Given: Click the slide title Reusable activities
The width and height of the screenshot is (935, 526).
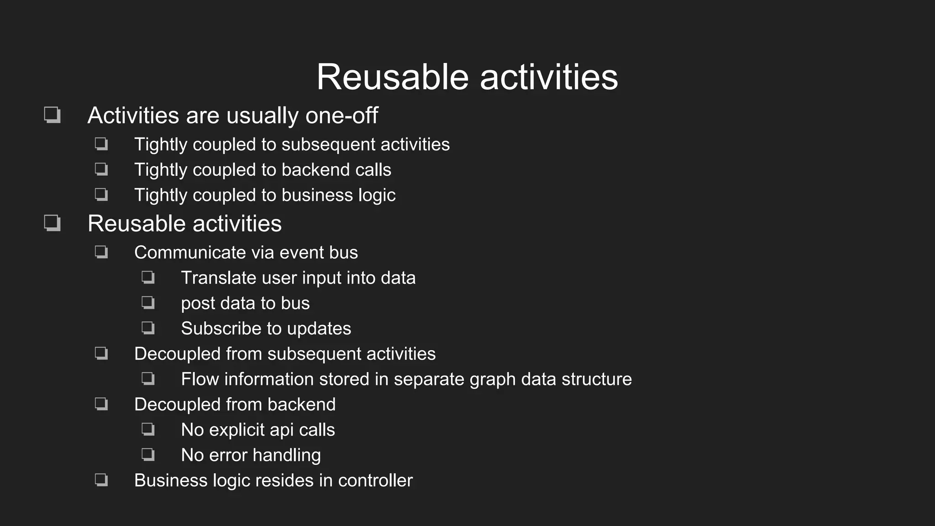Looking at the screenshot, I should (x=467, y=77).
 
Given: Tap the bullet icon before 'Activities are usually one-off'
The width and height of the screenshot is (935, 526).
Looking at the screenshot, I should (x=52, y=115).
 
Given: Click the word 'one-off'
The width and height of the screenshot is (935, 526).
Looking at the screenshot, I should (x=341, y=115).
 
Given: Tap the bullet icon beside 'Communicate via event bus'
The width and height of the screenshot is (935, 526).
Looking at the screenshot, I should (x=101, y=252).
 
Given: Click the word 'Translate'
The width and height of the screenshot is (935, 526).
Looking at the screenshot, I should (x=219, y=278).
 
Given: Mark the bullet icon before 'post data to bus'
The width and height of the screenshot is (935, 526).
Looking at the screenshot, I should (x=148, y=303).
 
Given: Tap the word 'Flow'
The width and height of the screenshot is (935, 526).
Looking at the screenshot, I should (x=200, y=379).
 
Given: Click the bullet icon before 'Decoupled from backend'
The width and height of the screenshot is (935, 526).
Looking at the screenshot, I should (x=101, y=404).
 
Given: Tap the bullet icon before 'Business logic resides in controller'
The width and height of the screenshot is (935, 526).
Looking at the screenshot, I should (x=101, y=480).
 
